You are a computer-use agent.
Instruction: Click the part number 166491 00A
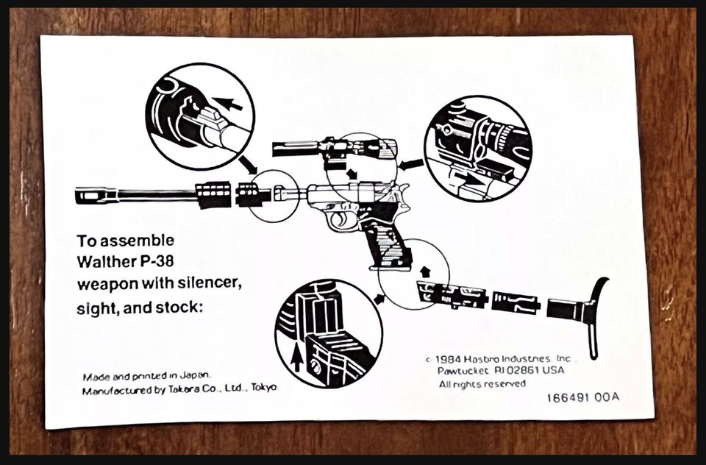click(x=582, y=397)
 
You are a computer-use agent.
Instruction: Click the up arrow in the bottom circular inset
click(x=296, y=360)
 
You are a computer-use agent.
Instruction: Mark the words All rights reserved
click(x=482, y=384)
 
